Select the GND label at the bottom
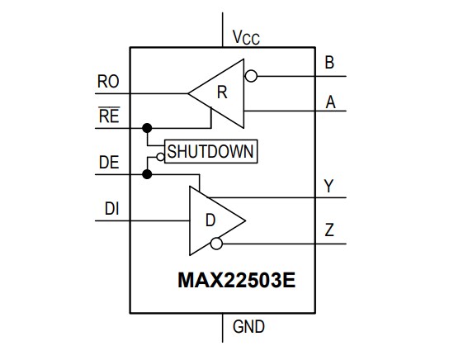click(248, 327)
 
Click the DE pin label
click(108, 163)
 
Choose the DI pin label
click(113, 209)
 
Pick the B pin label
click(330, 63)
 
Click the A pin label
click(330, 102)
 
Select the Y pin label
click(328, 186)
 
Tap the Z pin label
click(329, 230)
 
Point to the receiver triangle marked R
click(218, 93)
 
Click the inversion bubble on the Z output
click(216, 244)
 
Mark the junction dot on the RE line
click(148, 128)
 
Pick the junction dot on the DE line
click(148, 174)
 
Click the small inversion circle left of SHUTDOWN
click(161, 153)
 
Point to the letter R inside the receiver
click(221, 92)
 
